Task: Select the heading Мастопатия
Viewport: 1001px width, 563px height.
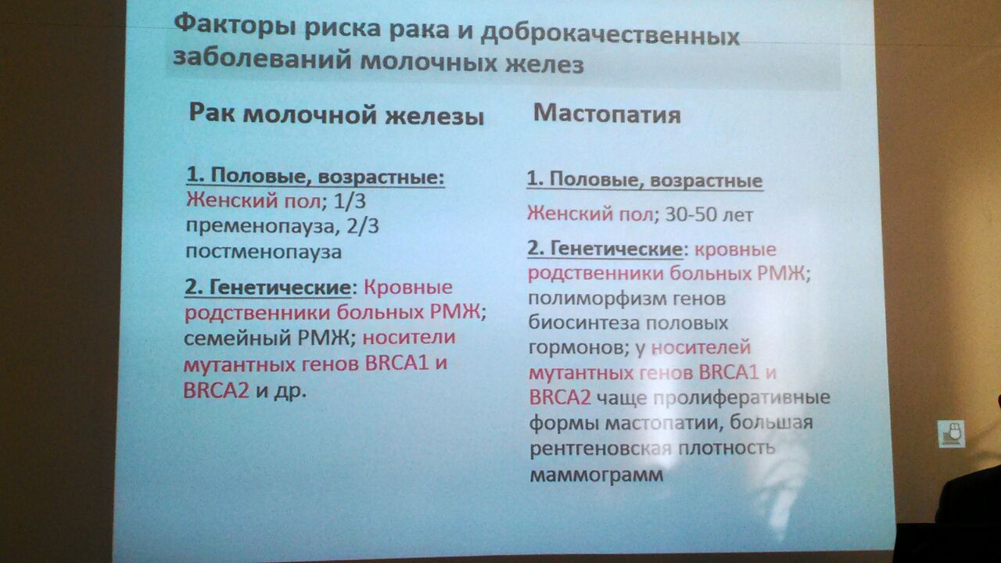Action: tap(607, 115)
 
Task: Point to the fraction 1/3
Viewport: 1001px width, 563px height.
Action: tap(350, 201)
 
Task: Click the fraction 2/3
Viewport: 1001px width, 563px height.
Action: tap(363, 226)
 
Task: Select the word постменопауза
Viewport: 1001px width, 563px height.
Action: tap(264, 253)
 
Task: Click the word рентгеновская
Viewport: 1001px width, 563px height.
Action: tap(601, 449)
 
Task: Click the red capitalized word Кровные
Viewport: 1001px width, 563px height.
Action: tap(408, 287)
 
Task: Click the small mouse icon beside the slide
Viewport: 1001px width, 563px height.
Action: tap(951, 434)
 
